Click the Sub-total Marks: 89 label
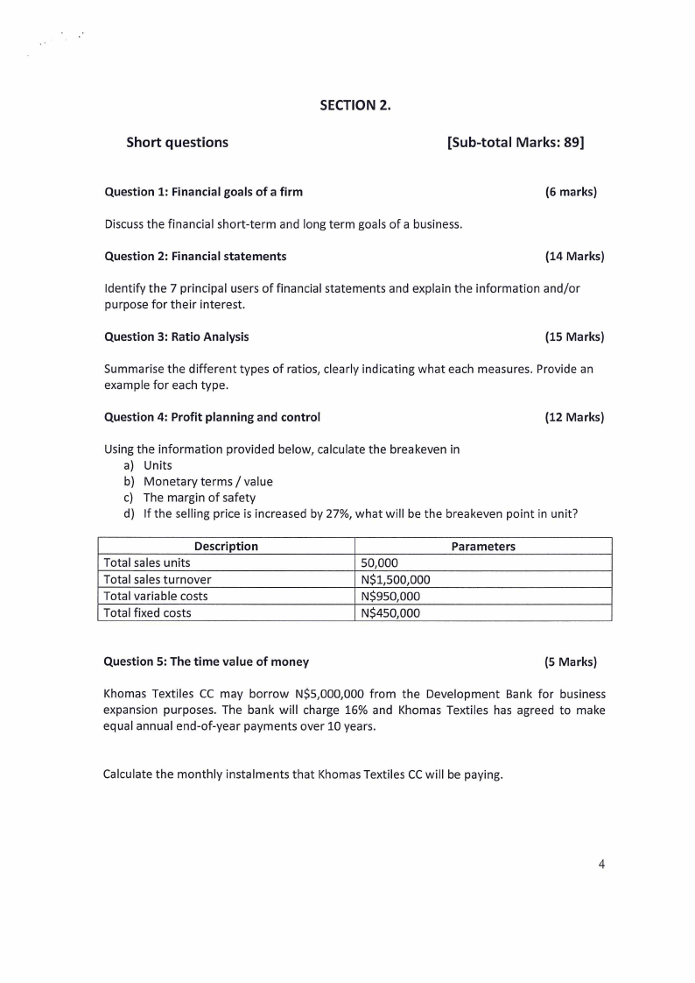(x=515, y=142)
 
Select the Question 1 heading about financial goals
(x=204, y=191)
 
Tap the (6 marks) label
(x=571, y=191)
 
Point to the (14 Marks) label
(x=574, y=256)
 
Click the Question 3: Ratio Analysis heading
(x=176, y=336)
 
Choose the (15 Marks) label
(x=574, y=336)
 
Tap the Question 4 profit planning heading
(x=212, y=417)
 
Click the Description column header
(x=226, y=546)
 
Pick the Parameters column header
(x=483, y=546)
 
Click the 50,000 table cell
(x=380, y=562)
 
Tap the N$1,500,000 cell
(x=395, y=579)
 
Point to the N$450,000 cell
(x=390, y=612)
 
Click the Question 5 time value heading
(x=206, y=661)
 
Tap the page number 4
(x=601, y=865)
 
